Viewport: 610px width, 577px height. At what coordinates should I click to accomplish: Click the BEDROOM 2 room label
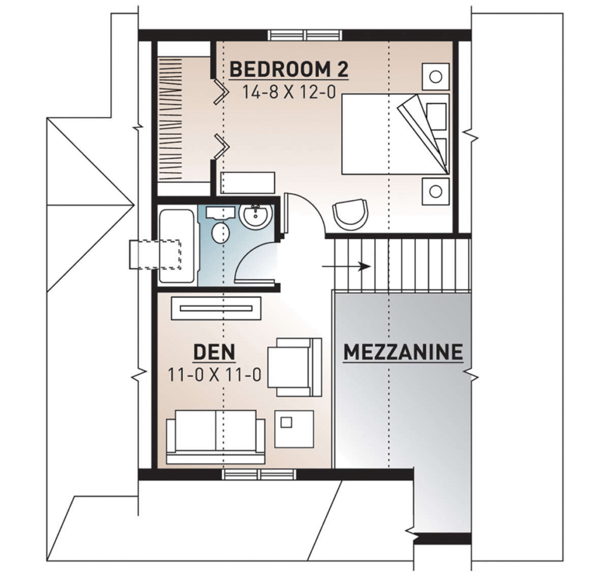289,70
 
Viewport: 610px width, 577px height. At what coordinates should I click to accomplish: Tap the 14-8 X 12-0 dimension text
289,92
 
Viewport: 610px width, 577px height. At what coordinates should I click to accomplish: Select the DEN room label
214,352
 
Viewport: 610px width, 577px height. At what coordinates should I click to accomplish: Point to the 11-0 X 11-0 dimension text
214,375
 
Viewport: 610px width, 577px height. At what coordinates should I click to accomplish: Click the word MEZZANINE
403,352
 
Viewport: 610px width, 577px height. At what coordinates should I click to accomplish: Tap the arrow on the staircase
346,266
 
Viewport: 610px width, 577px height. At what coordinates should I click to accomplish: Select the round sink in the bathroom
255,215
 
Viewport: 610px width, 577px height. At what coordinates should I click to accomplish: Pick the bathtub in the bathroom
177,246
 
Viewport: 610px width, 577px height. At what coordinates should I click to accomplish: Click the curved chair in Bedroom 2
350,214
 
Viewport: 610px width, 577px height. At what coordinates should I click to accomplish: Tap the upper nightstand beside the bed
435,77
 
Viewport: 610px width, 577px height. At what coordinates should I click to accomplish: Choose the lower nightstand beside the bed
435,191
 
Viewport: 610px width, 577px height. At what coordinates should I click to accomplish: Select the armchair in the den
294,367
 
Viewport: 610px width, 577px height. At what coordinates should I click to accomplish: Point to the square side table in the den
294,429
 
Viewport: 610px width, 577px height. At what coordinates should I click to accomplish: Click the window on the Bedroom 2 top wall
306,35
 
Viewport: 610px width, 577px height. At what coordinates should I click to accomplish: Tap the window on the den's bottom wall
259,474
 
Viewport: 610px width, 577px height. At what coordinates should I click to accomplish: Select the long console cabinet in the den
216,309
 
